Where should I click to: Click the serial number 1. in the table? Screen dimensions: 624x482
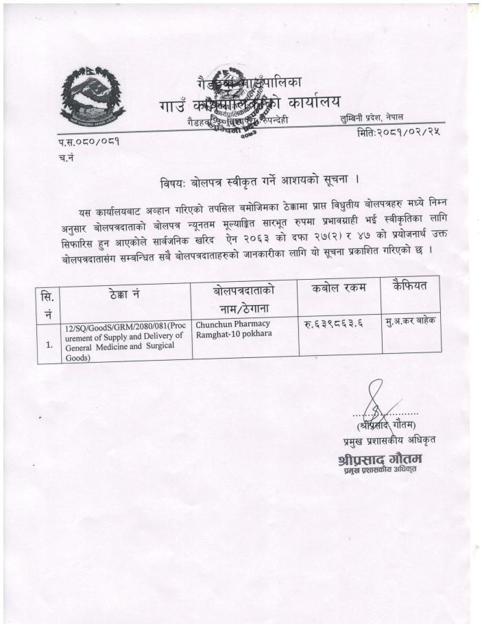click(49, 345)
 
